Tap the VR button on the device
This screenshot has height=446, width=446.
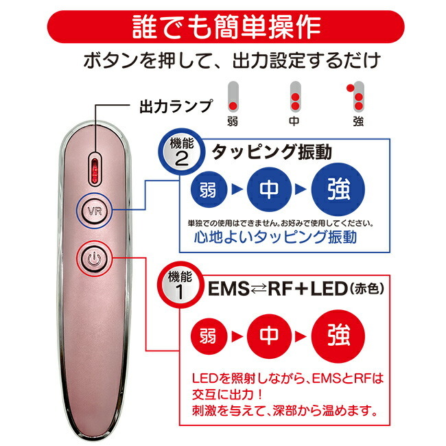(95, 210)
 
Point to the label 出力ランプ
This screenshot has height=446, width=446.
(167, 107)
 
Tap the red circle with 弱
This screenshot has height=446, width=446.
(209, 337)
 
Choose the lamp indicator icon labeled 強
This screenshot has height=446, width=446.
(356, 97)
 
